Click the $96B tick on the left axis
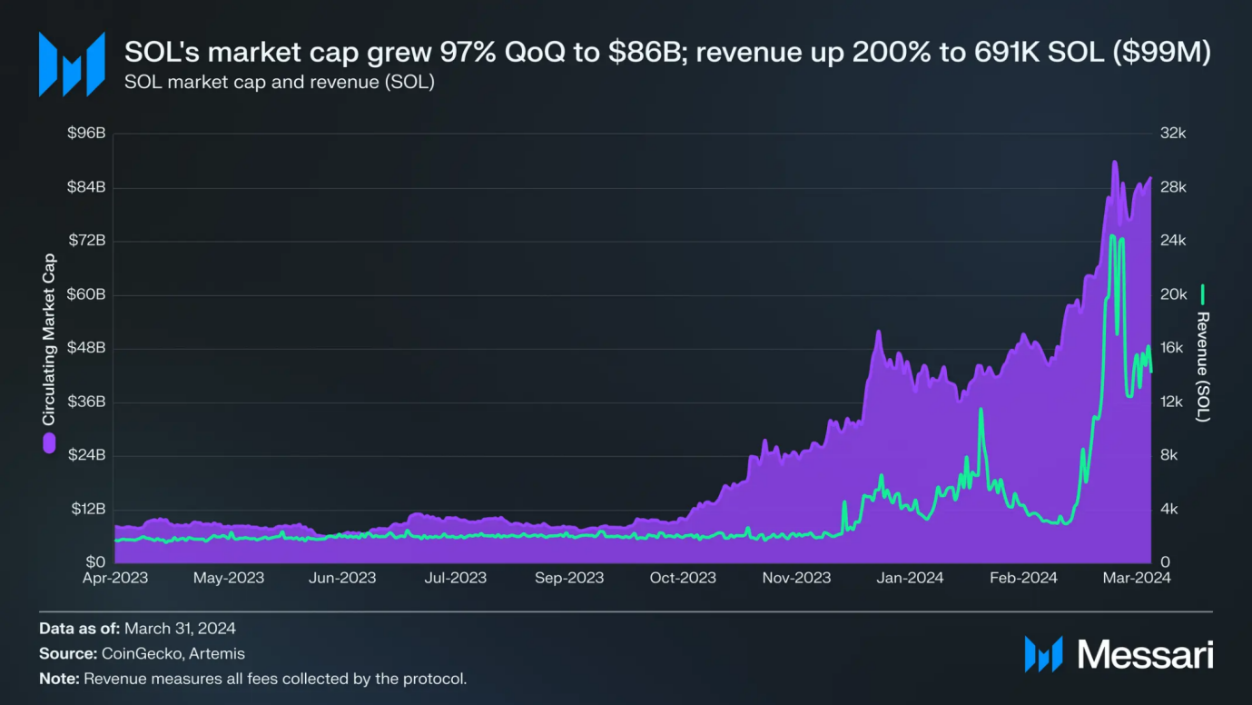click(x=87, y=134)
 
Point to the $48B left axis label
click(x=87, y=348)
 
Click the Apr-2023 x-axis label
click(x=115, y=578)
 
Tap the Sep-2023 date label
click(x=569, y=578)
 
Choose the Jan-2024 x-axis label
click(x=909, y=578)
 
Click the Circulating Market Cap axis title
click(x=49, y=339)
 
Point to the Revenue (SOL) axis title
click(x=1203, y=366)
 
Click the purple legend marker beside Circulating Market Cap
click(x=49, y=443)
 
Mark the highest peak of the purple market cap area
click(x=1114, y=163)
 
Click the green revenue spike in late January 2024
click(x=981, y=411)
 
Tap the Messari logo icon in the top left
click(x=71, y=64)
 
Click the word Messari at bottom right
click(x=1146, y=654)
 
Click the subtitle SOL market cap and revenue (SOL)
click(x=279, y=83)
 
